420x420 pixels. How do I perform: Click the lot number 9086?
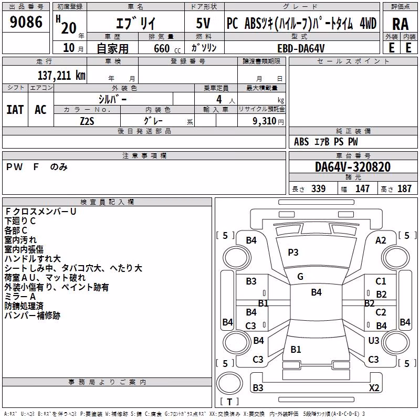pos(26,22)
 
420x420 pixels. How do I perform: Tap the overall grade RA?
pos(400,24)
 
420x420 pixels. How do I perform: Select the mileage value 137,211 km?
pos(61,76)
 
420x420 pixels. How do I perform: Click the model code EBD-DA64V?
pos(301,48)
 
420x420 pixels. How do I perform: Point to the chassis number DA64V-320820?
pos(353,167)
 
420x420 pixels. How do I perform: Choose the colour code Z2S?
pos(87,121)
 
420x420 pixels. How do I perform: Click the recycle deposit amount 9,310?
pos(265,121)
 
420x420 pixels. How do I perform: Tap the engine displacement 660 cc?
pos(167,49)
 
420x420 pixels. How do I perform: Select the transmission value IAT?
pos(15,110)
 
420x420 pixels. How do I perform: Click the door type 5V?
pos(203,23)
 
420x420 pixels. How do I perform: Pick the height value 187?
pos(404,188)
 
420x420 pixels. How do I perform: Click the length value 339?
pos(319,188)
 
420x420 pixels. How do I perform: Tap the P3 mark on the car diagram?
pos(293,253)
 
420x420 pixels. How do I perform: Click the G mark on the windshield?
pos(300,277)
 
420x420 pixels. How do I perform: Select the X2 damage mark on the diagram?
pos(374,387)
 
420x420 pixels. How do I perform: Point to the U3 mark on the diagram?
pos(374,340)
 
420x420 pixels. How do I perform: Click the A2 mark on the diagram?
pos(381,240)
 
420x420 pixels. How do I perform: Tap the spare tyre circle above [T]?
pos(229,383)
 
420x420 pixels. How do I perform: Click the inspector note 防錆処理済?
pos(24,306)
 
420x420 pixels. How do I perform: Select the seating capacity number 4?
pos(219,99)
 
